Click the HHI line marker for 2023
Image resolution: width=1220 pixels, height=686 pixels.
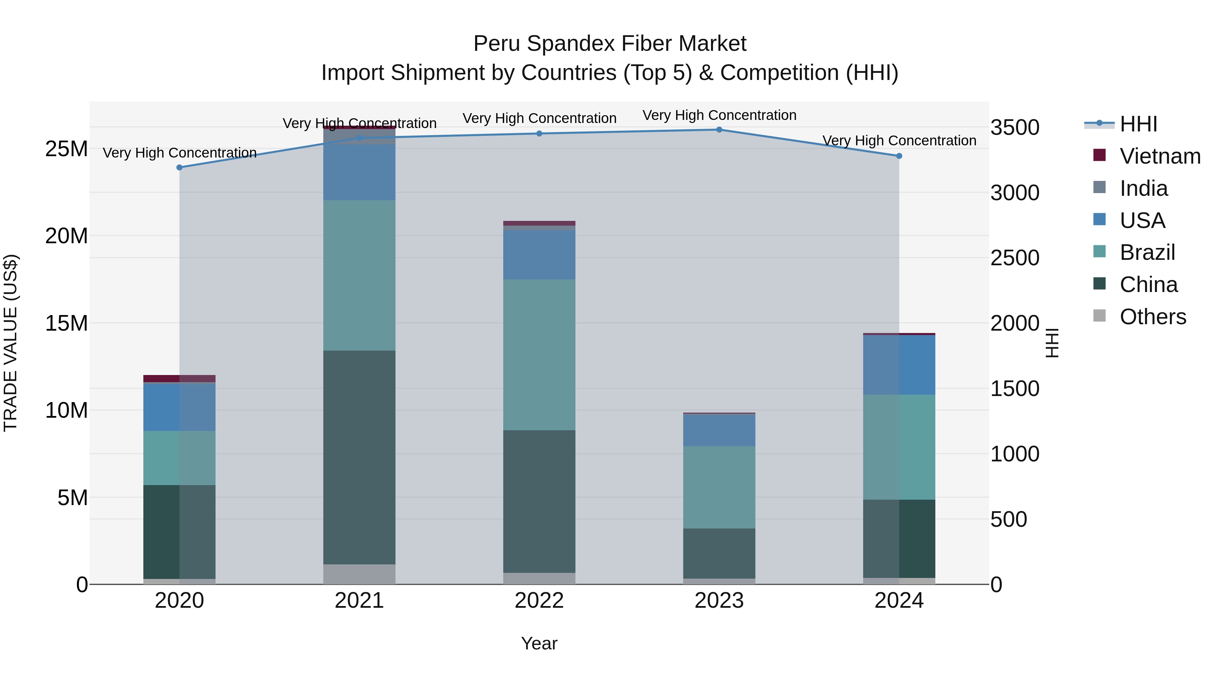719,130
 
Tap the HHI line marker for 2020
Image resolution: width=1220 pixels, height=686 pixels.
180,168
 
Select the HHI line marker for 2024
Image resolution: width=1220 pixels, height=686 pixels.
899,156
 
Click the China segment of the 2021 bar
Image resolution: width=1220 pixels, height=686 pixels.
359,457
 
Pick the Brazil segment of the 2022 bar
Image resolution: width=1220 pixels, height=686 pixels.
539,355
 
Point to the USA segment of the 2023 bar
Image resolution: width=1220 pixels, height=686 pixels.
719,430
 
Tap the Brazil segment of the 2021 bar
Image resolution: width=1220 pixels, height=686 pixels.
359,275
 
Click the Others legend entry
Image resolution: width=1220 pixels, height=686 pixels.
1152,317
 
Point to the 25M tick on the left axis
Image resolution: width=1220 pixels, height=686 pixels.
66,149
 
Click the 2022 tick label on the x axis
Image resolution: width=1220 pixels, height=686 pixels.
539,601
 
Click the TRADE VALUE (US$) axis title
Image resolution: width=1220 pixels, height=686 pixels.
11,343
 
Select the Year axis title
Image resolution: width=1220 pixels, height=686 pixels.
539,643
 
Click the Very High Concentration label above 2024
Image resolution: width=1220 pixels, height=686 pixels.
899,141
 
